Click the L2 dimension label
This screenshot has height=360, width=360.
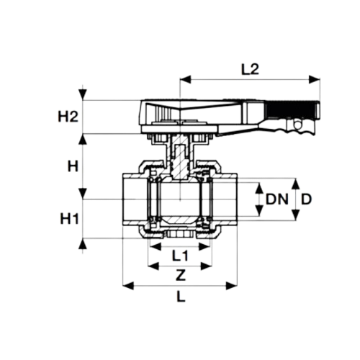[x=249, y=70]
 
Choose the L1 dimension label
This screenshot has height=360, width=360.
[x=179, y=255]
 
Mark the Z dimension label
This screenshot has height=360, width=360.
[x=180, y=274]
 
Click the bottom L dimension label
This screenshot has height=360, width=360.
[x=180, y=296]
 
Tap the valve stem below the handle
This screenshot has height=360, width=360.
[x=178, y=155]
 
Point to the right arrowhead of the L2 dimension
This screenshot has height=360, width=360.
[x=315, y=78]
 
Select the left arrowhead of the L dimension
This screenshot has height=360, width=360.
[x=128, y=287]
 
